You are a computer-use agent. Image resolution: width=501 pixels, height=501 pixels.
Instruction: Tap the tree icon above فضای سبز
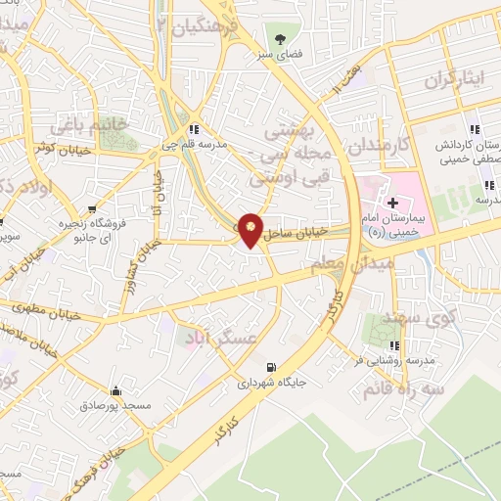tap(281, 40)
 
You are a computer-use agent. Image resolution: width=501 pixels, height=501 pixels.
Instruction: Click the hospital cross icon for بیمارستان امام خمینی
tap(392, 203)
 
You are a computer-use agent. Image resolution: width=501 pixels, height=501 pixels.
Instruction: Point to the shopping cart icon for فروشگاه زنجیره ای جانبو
tap(92, 208)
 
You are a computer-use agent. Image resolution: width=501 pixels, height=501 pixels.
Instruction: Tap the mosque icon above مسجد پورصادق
tap(116, 389)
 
